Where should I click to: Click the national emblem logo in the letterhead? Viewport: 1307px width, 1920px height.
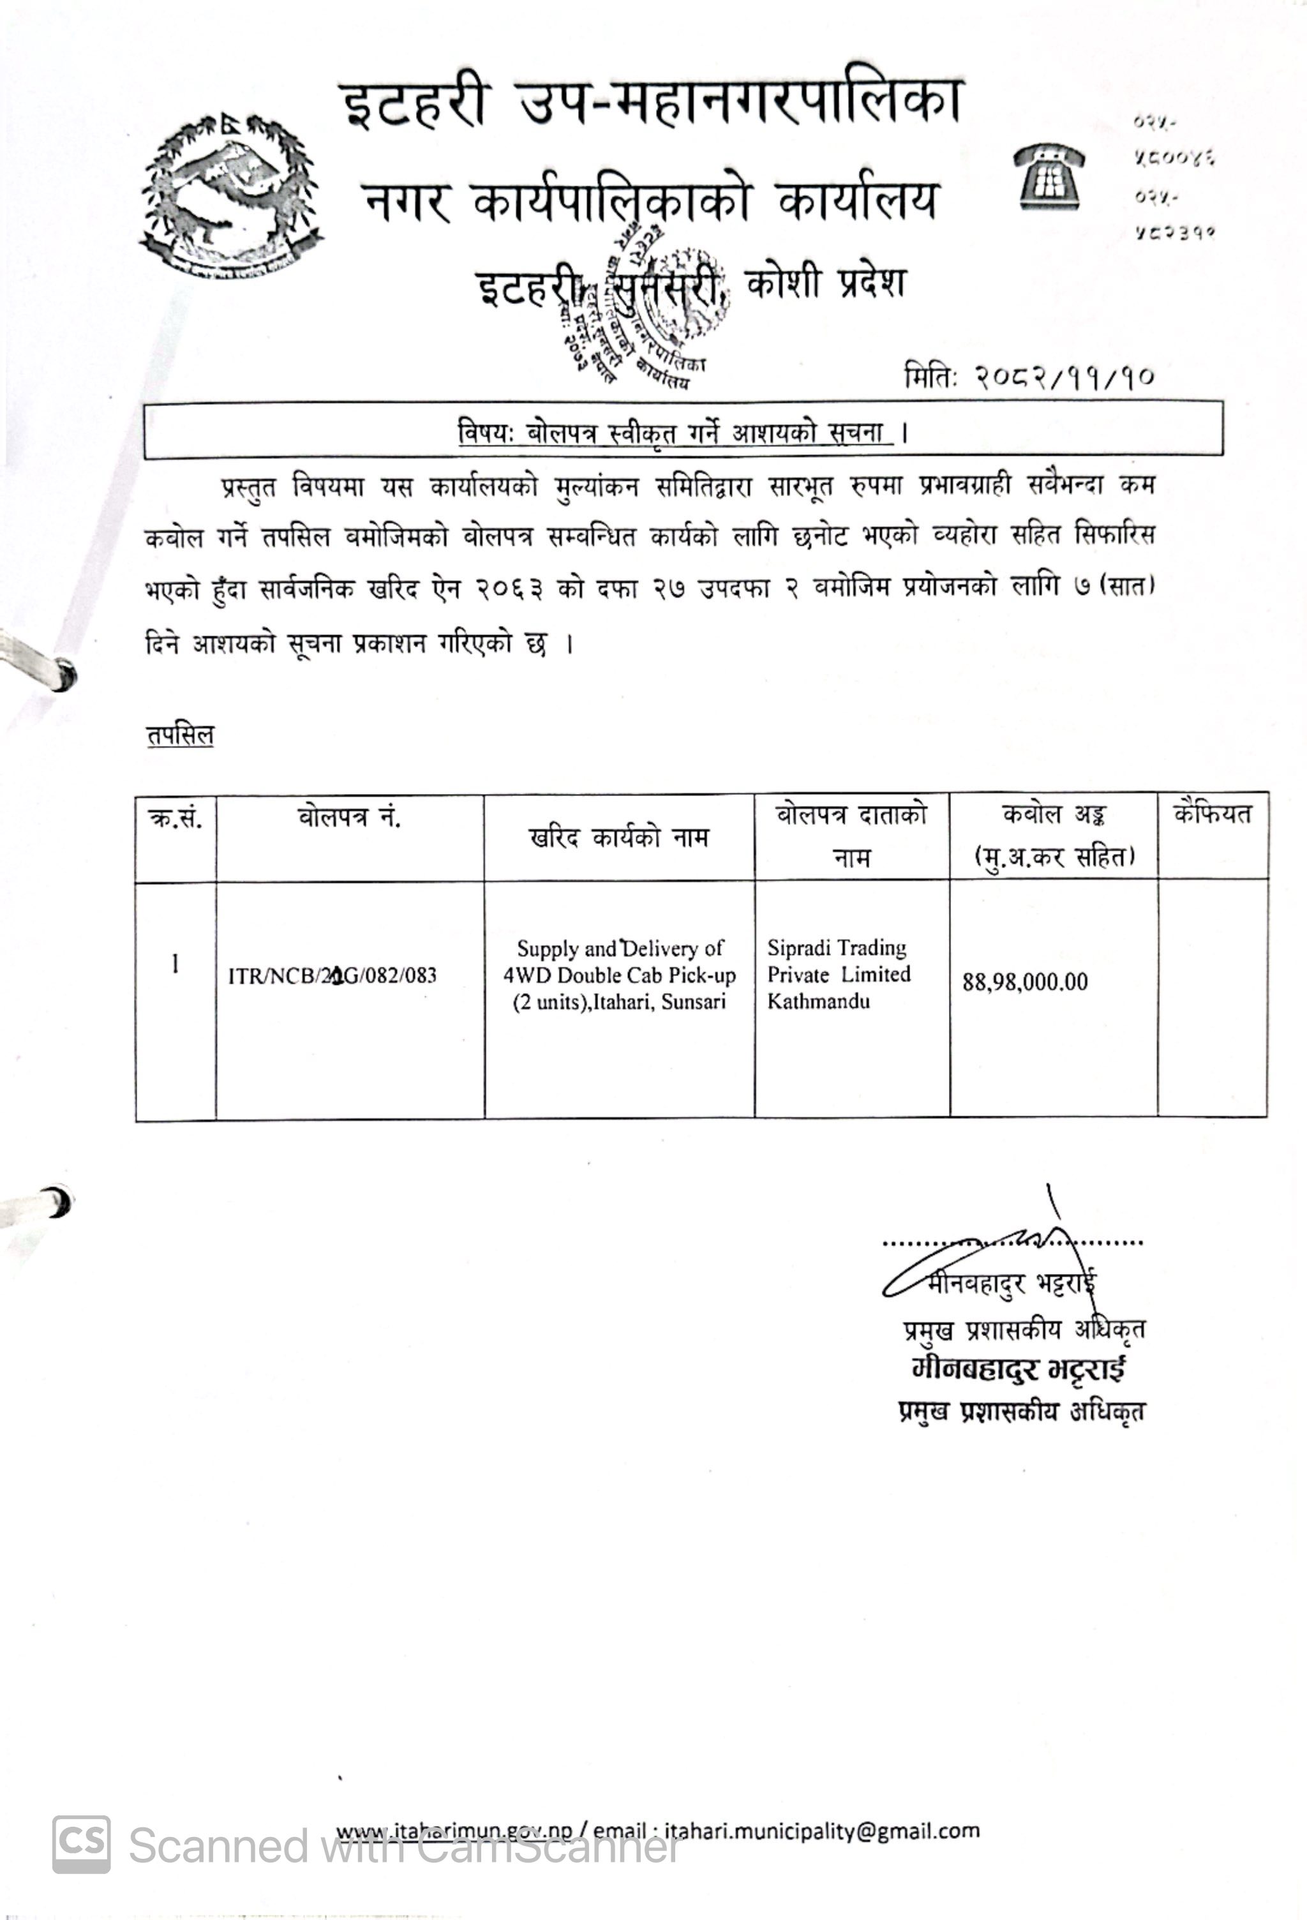[230, 197]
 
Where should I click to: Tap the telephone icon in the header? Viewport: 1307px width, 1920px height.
[1049, 176]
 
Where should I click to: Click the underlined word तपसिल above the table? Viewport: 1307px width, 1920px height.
[180, 735]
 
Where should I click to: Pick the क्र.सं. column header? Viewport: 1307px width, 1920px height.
[175, 819]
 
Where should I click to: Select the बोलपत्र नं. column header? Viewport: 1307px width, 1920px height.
[350, 817]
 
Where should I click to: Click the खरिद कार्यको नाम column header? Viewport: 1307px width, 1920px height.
[618, 837]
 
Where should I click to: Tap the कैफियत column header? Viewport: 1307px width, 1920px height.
[1212, 814]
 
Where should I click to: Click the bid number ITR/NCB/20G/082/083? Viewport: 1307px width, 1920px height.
[332, 976]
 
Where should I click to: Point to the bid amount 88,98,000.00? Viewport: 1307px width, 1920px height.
[1024, 982]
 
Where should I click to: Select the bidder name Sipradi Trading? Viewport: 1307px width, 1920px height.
[836, 948]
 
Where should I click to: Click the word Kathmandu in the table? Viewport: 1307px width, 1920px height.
[818, 1001]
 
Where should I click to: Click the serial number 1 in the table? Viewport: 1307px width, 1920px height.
[175, 963]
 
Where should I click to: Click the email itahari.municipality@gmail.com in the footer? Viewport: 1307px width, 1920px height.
[821, 1831]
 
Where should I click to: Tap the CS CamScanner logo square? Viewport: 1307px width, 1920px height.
[81, 1843]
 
